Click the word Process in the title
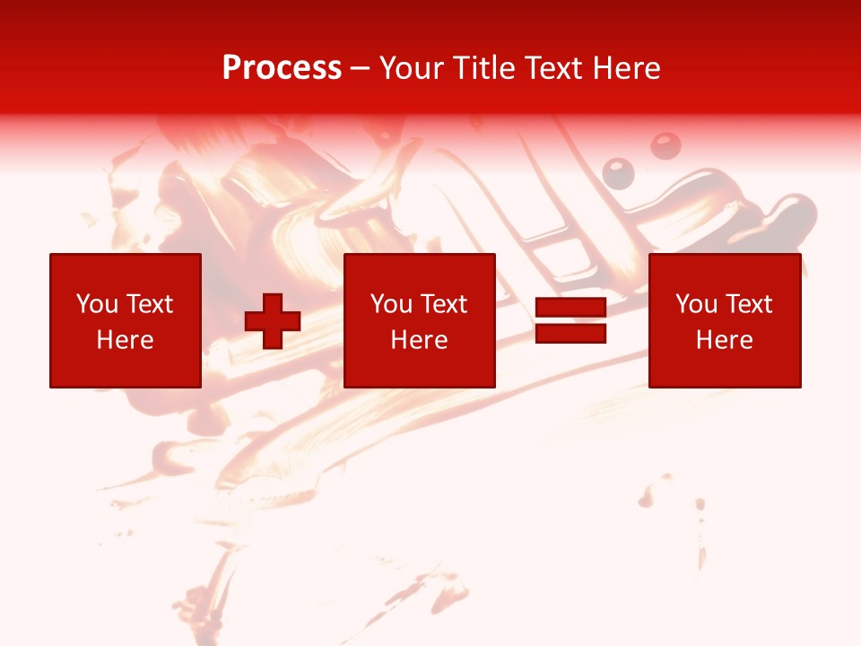click(282, 68)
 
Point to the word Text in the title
click(554, 68)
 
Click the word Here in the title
click(626, 68)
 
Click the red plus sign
click(273, 320)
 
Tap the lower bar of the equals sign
click(570, 334)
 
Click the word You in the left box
click(97, 304)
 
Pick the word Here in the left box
click(125, 340)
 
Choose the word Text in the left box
click(148, 304)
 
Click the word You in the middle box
click(391, 304)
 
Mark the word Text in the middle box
click(442, 304)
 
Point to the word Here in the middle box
click(419, 340)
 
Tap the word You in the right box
click(696, 304)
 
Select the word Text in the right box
click(747, 304)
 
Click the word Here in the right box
click(724, 340)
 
